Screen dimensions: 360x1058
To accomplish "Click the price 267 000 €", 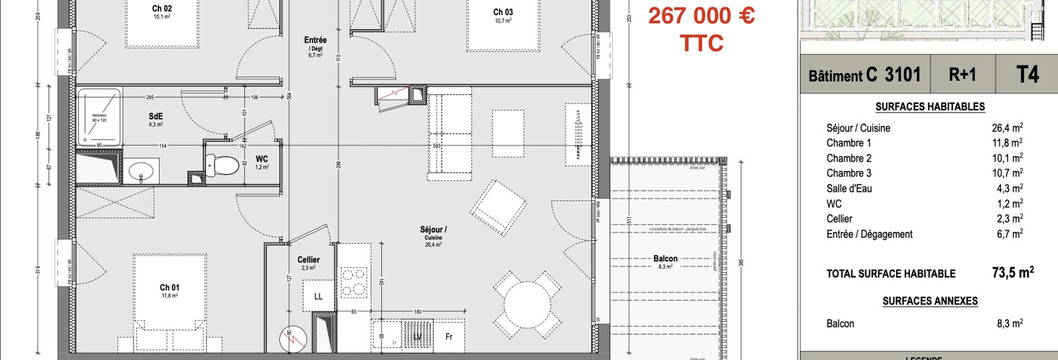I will click(701, 15).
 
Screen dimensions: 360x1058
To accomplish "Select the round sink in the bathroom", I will click(144, 171).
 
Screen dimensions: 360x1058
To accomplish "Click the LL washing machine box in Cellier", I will click(318, 296).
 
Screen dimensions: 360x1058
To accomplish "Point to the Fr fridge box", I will click(450, 337).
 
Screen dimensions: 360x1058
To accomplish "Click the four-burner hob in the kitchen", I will click(353, 282).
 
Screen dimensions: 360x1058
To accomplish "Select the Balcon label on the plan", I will click(665, 259).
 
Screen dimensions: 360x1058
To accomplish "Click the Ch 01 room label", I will click(170, 288).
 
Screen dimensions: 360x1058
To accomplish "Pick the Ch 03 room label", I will click(502, 12).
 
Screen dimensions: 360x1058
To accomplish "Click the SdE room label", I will click(155, 116).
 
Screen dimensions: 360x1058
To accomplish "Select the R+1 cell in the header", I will click(962, 76).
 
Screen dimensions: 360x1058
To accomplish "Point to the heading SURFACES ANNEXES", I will click(930, 300).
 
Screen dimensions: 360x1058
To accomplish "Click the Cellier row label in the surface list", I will click(839, 219).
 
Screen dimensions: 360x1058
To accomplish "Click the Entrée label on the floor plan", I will click(315, 40).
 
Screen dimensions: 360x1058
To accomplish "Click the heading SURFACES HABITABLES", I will click(930, 107).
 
